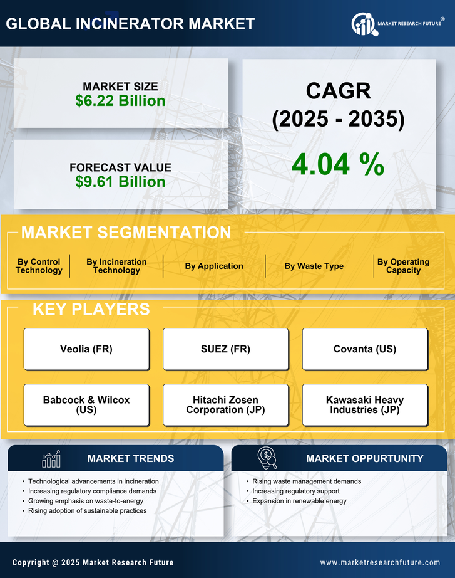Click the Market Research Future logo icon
(364, 24)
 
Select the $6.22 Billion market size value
(120, 101)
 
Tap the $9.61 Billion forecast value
(120, 182)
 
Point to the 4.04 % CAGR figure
(338, 164)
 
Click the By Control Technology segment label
(39, 266)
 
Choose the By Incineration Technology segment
(116, 266)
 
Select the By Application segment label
(214, 266)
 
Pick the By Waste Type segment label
(314, 266)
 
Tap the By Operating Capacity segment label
(403, 266)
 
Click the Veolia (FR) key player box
(86, 349)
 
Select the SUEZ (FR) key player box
(226, 349)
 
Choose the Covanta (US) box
(365, 349)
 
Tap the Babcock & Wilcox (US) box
(86, 405)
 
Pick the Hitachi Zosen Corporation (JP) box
(226, 405)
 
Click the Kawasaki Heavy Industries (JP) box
(365, 405)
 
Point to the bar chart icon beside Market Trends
(51, 459)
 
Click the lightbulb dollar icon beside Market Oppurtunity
(267, 458)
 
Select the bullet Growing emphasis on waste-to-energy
(86, 501)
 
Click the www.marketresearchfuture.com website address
(380, 562)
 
